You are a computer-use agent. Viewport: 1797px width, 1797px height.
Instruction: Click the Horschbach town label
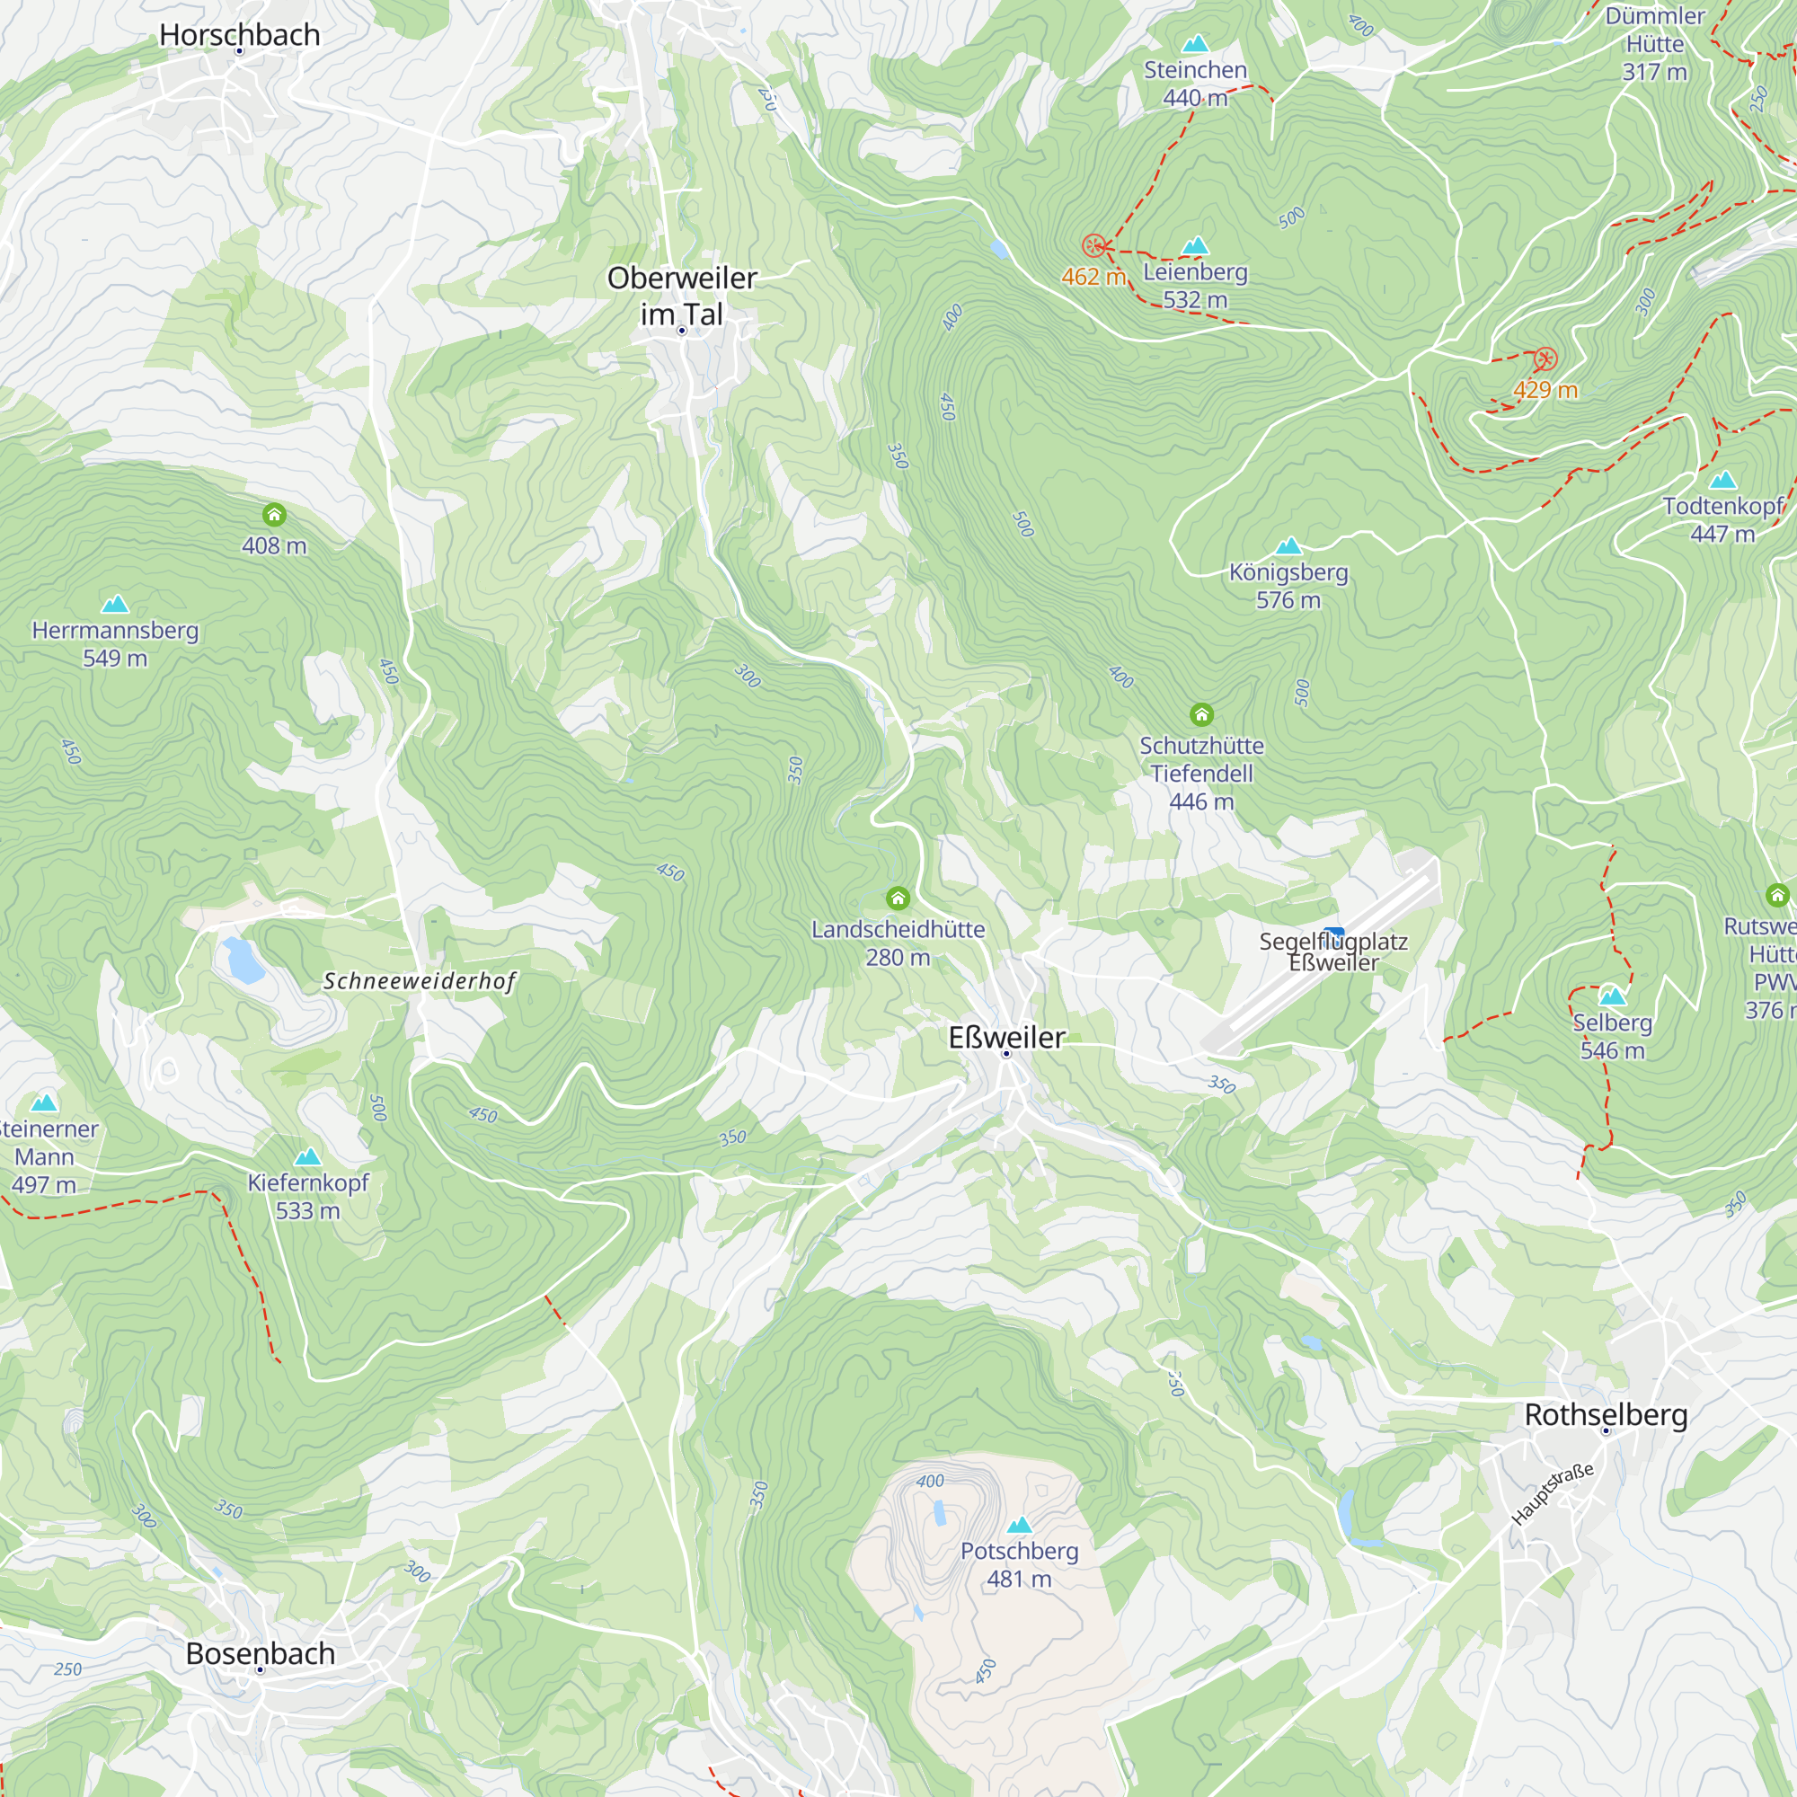pyautogui.click(x=239, y=34)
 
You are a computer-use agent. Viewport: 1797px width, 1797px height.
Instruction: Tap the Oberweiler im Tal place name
pyautogui.click(x=682, y=296)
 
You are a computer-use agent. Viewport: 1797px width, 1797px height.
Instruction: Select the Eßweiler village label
pyautogui.click(x=1006, y=1037)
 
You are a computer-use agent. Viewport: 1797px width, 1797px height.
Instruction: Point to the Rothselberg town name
pyautogui.click(x=1606, y=1415)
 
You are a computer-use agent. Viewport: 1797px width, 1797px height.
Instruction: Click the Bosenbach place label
pyautogui.click(x=261, y=1654)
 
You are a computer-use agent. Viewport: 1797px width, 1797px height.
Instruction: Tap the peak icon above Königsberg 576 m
pyautogui.click(x=1288, y=545)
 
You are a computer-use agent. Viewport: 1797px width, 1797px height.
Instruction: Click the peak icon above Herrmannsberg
pyautogui.click(x=114, y=604)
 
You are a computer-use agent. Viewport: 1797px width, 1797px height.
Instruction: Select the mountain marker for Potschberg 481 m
pyautogui.click(x=1020, y=1525)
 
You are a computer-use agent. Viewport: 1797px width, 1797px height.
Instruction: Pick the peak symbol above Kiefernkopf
pyautogui.click(x=308, y=1156)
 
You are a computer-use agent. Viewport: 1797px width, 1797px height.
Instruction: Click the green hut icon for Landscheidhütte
pyautogui.click(x=898, y=898)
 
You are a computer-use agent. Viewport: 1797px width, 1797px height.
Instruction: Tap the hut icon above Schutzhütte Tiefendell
pyautogui.click(x=1201, y=714)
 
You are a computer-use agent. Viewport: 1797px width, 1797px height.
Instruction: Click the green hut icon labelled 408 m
pyautogui.click(x=273, y=514)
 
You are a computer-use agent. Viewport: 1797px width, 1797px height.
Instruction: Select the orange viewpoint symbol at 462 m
pyautogui.click(x=1093, y=245)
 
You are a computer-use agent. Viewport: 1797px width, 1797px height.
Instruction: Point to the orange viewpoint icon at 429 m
pyautogui.click(x=1545, y=359)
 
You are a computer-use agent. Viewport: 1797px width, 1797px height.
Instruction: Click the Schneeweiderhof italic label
pyautogui.click(x=420, y=981)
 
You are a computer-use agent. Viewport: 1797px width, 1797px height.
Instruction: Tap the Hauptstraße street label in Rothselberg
pyautogui.click(x=1553, y=1495)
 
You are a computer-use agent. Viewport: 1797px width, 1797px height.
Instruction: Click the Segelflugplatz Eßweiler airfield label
pyautogui.click(x=1332, y=952)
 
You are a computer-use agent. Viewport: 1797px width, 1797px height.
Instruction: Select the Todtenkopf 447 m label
pyautogui.click(x=1722, y=519)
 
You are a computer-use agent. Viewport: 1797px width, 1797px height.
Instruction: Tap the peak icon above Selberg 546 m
pyautogui.click(x=1612, y=996)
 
